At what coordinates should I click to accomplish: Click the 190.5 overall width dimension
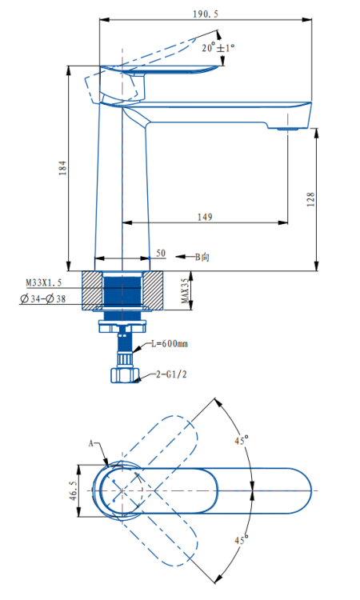(206, 14)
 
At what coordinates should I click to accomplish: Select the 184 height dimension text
(62, 168)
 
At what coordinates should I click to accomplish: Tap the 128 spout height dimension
(310, 199)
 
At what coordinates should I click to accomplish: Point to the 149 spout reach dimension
(205, 217)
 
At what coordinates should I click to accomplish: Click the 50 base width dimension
(161, 253)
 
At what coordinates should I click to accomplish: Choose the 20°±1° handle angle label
(218, 48)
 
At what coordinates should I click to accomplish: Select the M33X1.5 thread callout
(44, 282)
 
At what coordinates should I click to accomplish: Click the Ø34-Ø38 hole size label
(43, 299)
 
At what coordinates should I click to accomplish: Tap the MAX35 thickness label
(185, 291)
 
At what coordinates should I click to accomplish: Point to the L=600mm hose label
(170, 344)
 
